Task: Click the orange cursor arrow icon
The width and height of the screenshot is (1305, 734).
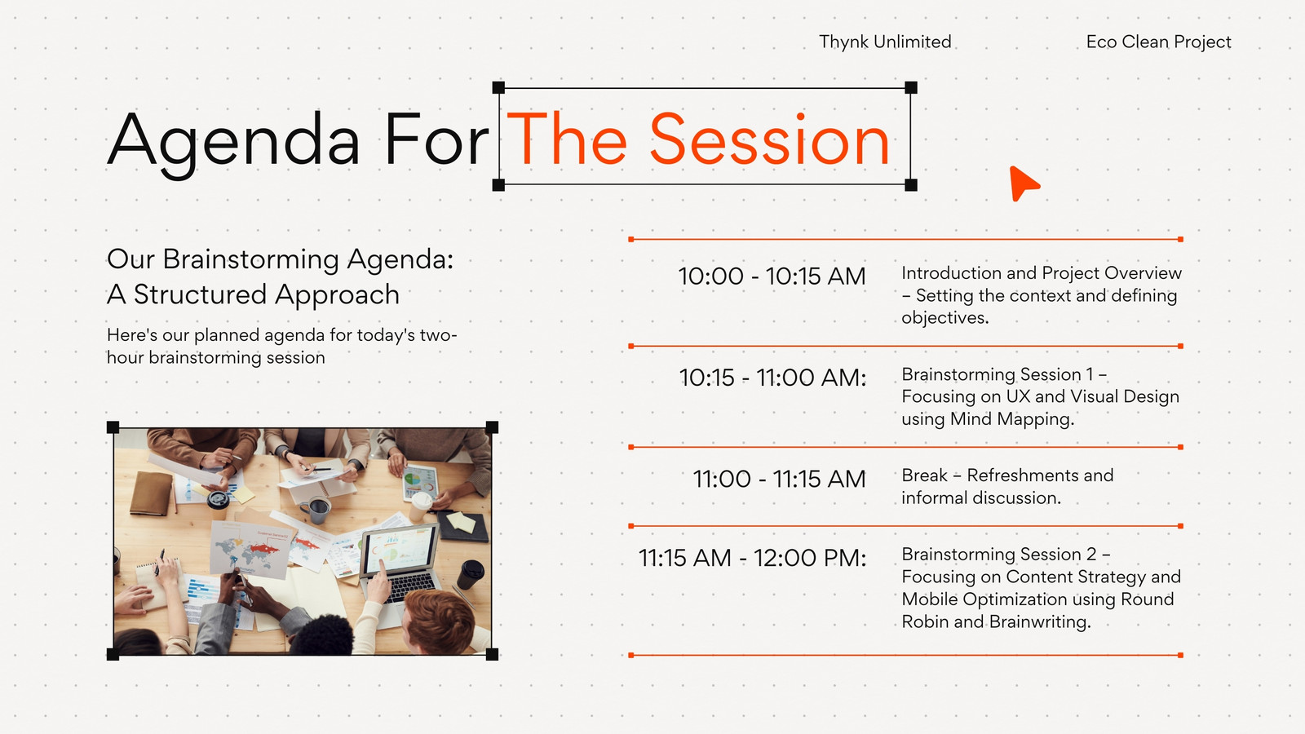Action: pos(1023,183)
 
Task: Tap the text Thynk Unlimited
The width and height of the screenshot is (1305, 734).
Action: pos(885,42)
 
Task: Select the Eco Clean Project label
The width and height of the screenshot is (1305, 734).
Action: pos(1158,42)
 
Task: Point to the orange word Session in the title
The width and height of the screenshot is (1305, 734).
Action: pos(769,139)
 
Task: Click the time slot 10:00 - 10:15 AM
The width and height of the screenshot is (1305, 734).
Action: pos(772,276)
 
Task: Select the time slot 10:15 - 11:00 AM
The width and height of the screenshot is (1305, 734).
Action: pos(772,378)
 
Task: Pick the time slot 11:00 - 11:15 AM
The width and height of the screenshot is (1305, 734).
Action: pos(780,479)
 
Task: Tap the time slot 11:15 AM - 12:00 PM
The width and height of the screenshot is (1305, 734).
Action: pos(753,558)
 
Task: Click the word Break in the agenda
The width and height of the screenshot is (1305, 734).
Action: pos(925,475)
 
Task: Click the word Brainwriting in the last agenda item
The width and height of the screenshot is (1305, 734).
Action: pos(1040,622)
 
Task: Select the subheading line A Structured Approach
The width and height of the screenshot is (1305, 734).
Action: pos(254,294)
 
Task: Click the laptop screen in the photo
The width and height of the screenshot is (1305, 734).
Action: pos(400,550)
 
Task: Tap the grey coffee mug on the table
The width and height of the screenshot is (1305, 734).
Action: pos(316,511)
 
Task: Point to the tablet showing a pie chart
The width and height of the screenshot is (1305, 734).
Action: pos(419,482)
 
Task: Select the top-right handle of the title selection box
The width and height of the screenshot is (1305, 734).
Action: pos(911,88)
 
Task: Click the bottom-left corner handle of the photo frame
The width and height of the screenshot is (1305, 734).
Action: pos(113,654)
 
